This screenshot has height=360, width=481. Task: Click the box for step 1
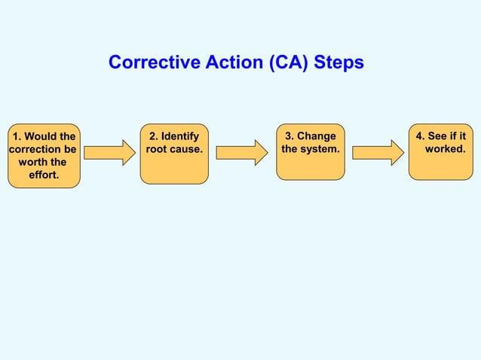click(x=43, y=155)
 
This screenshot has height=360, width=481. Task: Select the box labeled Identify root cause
click(x=174, y=154)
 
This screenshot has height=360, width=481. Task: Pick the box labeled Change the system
click(x=310, y=152)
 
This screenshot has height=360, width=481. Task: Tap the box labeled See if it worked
click(x=440, y=152)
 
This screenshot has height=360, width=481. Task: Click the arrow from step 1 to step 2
click(x=109, y=152)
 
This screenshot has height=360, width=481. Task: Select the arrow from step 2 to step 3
click(x=242, y=152)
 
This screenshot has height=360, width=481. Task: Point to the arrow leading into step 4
click(x=378, y=152)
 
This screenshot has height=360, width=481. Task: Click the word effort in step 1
click(x=43, y=175)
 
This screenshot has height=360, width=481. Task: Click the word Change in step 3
click(x=316, y=136)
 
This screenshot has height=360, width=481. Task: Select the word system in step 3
click(x=320, y=149)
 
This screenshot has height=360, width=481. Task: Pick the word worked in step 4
click(x=445, y=149)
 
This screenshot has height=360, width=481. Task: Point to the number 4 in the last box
click(x=419, y=136)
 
